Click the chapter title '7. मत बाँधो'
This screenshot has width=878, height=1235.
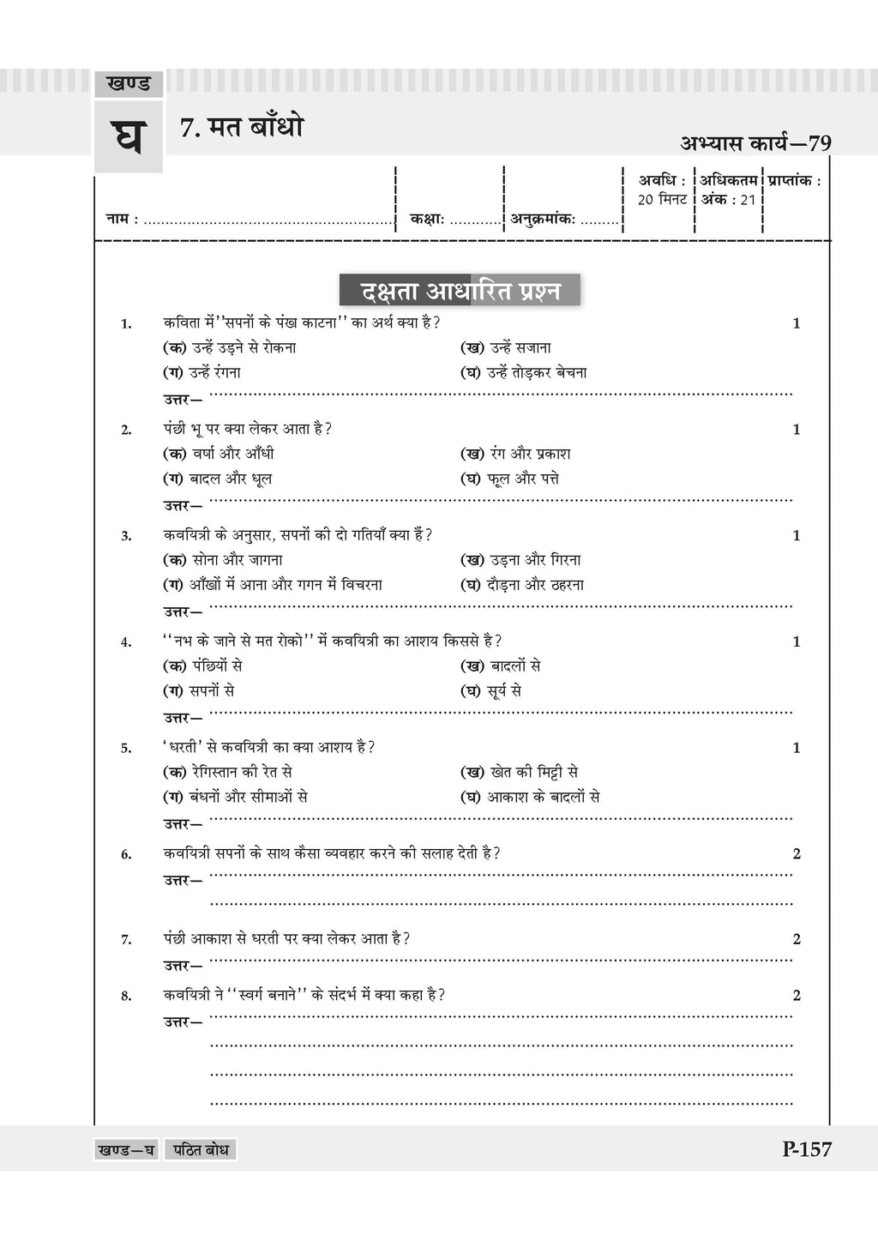pyautogui.click(x=242, y=129)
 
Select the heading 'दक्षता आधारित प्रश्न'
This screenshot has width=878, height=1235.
pyautogui.click(x=460, y=291)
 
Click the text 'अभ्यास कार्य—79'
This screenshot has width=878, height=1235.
pyautogui.click(x=755, y=143)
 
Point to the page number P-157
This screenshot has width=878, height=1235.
pyautogui.click(x=806, y=1149)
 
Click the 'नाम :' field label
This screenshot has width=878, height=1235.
pyautogui.click(x=122, y=220)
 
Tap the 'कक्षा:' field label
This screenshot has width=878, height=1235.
pyautogui.click(x=427, y=220)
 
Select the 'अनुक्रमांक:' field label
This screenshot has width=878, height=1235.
pyautogui.click(x=543, y=220)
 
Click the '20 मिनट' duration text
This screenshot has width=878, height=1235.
pyautogui.click(x=662, y=200)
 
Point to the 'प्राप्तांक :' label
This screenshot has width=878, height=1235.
pyautogui.click(x=795, y=181)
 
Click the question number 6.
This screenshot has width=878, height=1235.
pyautogui.click(x=126, y=854)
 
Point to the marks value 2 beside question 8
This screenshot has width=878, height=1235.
pyautogui.click(x=797, y=996)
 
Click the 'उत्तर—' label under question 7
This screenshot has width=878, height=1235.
pyautogui.click(x=183, y=966)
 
